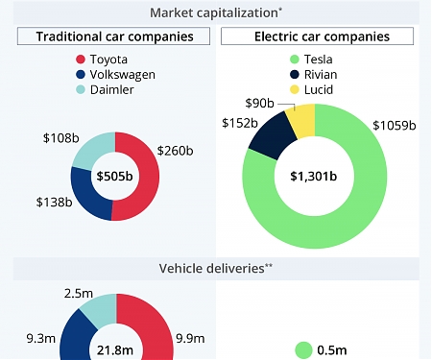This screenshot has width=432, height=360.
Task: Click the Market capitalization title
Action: pyautogui.click(x=215, y=12)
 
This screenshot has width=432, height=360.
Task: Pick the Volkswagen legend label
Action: pyautogui.click(x=123, y=75)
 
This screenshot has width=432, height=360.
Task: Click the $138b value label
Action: pyautogui.click(x=54, y=203)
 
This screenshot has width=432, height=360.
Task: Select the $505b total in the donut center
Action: pyautogui.click(x=114, y=177)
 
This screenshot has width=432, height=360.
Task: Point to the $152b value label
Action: pyautogui.click(x=239, y=123)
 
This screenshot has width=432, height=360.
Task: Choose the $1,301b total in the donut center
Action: pyautogui.click(x=315, y=177)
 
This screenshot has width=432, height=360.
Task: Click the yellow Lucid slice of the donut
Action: pyautogui.click(x=301, y=120)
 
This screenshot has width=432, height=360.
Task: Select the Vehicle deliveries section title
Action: pyautogui.click(x=215, y=270)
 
